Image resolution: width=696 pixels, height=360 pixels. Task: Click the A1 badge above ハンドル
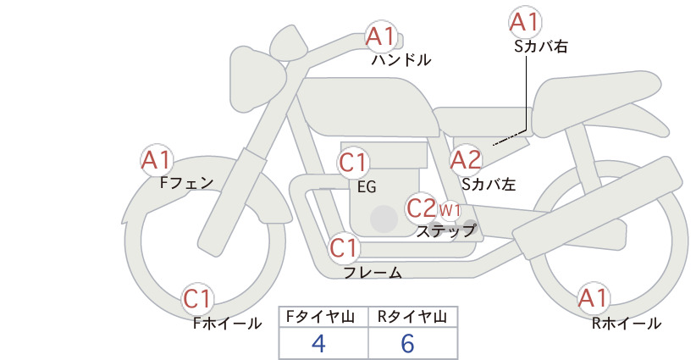pyautogui.click(x=380, y=36)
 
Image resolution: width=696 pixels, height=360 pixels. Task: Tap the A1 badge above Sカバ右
pyautogui.click(x=525, y=22)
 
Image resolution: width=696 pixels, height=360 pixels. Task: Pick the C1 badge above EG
pyautogui.click(x=353, y=163)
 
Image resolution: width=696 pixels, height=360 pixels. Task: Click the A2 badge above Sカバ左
pyautogui.click(x=466, y=160)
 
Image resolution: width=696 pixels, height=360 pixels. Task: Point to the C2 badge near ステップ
pyautogui.click(x=422, y=208)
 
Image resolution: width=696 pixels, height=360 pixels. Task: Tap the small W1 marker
pyautogui.click(x=450, y=210)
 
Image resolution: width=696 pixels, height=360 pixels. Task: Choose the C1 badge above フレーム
pyautogui.click(x=344, y=247)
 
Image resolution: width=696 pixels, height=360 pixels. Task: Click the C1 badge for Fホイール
pyautogui.click(x=196, y=299)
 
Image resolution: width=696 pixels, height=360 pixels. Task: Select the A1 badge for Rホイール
pyautogui.click(x=593, y=298)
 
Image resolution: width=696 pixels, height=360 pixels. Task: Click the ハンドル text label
pyautogui.click(x=401, y=60)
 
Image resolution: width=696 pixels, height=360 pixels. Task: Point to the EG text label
pyautogui.click(x=367, y=187)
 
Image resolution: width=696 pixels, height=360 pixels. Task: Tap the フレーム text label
pyautogui.click(x=373, y=273)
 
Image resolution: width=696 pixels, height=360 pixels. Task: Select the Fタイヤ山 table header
pyautogui.click(x=320, y=317)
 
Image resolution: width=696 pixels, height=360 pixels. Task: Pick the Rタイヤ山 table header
pyautogui.click(x=412, y=317)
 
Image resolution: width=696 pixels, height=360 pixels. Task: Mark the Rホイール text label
pyautogui.click(x=627, y=324)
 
